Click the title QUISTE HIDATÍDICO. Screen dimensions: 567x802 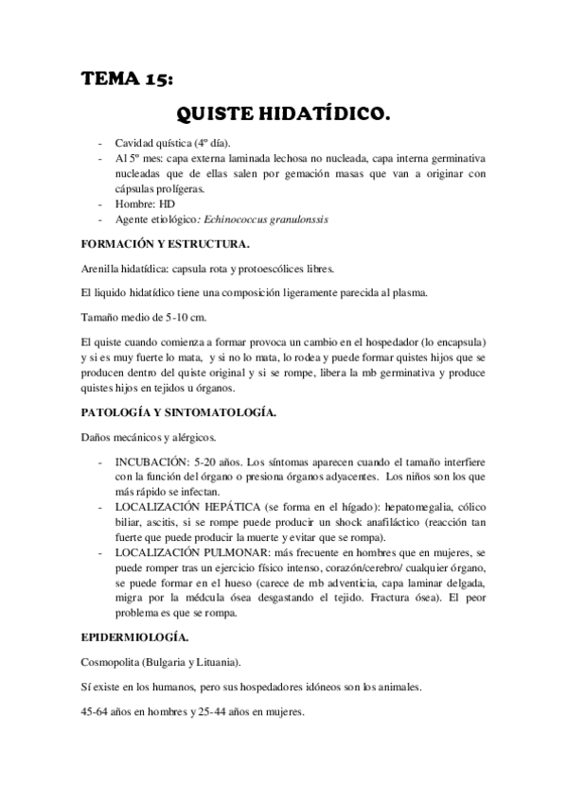click(x=283, y=116)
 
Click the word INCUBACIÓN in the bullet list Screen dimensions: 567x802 click(x=151, y=462)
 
